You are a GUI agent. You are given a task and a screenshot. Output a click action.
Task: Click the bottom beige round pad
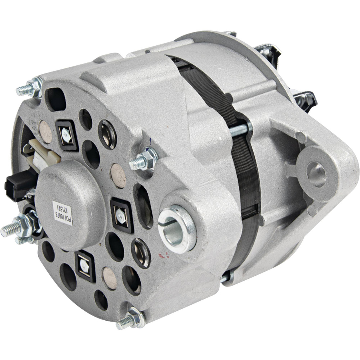tap(110, 277)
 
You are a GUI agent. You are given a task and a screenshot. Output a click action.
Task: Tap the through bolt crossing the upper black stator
tap(239, 130)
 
